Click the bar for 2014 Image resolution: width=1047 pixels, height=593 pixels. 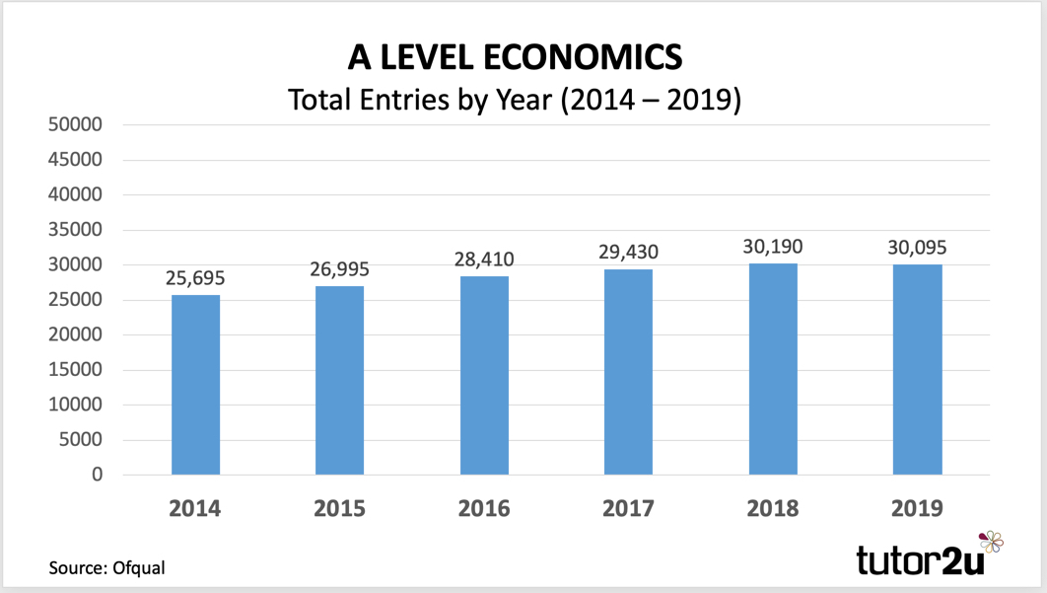click(195, 385)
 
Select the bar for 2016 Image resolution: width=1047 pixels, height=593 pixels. click(484, 375)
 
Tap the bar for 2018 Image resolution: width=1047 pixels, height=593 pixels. click(773, 369)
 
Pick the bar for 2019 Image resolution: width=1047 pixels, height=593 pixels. click(917, 369)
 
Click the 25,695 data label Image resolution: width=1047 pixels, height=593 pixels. click(195, 279)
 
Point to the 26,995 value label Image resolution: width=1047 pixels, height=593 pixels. click(339, 270)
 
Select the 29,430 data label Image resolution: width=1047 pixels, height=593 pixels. click(628, 253)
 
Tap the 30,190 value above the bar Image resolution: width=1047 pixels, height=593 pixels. click(773, 247)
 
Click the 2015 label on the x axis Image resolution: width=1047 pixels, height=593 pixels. click(339, 509)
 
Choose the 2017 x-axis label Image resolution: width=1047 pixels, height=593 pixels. click(628, 509)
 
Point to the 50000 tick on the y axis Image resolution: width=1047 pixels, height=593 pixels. click(75, 125)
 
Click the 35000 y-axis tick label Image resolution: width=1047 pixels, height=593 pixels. click(75, 230)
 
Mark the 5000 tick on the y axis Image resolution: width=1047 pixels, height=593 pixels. click(80, 440)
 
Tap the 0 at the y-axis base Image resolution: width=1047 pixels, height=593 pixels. click(96, 475)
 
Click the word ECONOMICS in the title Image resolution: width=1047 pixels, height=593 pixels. click(582, 56)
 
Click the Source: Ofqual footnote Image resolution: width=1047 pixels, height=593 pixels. click(107, 567)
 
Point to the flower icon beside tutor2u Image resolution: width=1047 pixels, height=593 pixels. click(990, 542)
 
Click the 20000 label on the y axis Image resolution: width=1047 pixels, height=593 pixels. click(75, 335)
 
